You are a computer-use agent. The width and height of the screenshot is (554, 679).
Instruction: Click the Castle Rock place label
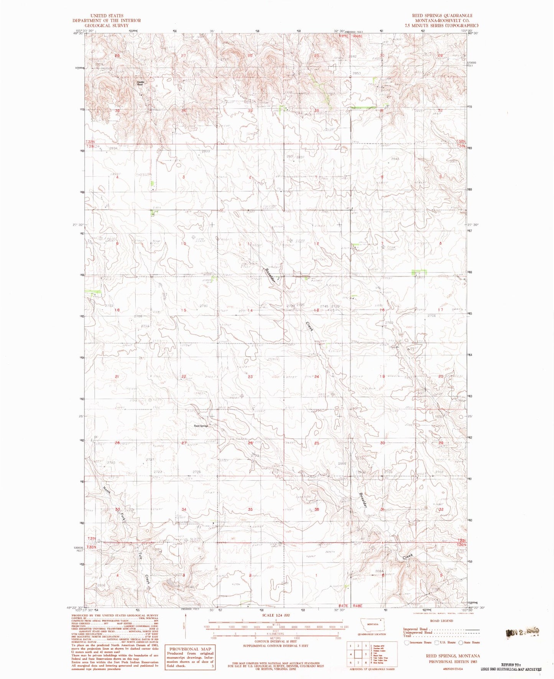[140, 83]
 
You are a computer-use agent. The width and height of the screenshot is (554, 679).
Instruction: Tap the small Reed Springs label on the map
[201, 426]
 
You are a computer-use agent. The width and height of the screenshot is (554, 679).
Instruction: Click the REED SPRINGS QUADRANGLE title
[442, 16]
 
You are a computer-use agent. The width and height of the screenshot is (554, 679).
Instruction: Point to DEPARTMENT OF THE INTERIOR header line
[107, 21]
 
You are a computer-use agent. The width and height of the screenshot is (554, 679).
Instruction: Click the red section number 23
[250, 377]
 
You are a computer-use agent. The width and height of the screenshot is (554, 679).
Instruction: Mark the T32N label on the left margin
[90, 142]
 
